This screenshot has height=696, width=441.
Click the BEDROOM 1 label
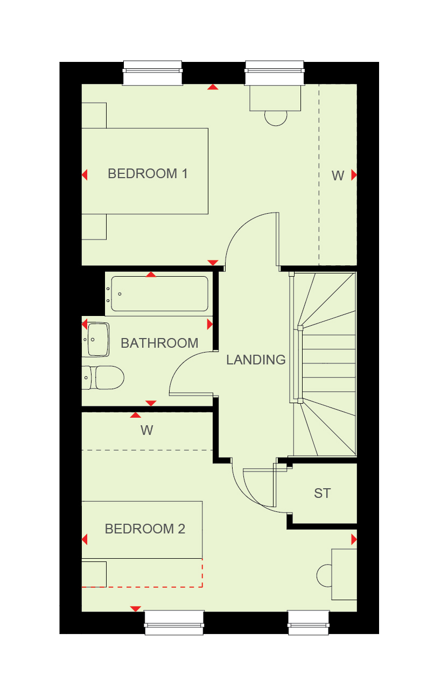coord(148,174)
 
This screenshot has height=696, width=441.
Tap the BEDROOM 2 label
coord(145,529)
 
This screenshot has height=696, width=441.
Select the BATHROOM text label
coord(159,343)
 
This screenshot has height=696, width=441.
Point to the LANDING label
coord(256,360)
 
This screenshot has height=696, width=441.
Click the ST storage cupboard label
coord(322,493)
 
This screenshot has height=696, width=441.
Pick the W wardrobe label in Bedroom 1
coord(338,175)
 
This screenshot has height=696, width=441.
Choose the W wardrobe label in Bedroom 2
coord(147,430)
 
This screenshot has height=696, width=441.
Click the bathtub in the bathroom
coord(159,294)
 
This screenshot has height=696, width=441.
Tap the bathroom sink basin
coord(97,340)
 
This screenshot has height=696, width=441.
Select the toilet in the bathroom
coord(104,378)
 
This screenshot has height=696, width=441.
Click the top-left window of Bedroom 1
coord(153,73)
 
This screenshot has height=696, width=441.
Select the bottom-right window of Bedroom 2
coord(309,623)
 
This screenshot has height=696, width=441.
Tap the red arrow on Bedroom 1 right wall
coord(354,175)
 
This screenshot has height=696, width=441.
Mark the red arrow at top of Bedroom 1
coord(213,87)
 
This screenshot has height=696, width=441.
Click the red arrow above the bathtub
coord(151,275)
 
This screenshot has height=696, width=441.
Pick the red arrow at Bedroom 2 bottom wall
coord(135,608)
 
